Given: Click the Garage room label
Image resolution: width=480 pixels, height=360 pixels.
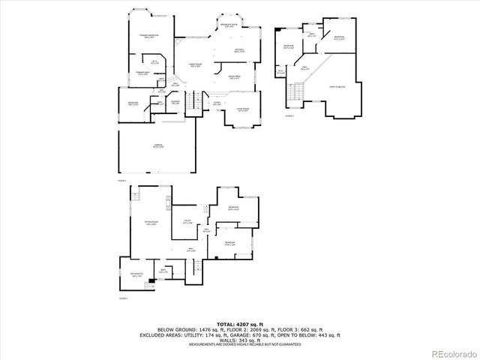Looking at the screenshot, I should pos(158,147).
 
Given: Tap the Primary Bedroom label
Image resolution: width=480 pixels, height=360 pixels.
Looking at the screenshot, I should pos(147,37).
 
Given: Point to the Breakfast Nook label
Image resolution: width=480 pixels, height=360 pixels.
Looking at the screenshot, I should pos(229,25).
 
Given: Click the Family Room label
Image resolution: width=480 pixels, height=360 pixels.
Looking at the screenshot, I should pos(196,65).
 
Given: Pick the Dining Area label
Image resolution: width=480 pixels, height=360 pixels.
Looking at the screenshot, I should pos(234,77).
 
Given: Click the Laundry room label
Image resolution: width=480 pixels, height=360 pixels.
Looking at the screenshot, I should pos(174,103).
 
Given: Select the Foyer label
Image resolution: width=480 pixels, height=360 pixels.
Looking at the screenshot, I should pos(216,103).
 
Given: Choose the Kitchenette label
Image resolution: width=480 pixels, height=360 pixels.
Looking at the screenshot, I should pos(136,275).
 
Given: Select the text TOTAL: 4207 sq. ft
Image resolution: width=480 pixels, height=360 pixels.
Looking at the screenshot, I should pos(239,323).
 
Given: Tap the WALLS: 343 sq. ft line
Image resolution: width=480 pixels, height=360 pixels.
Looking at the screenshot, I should pos(240,340).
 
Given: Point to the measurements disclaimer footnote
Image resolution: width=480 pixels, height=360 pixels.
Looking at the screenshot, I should pos(240,344).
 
